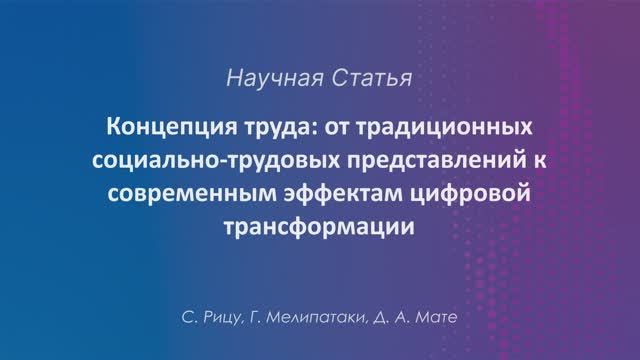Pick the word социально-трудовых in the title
click(x=199, y=161)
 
